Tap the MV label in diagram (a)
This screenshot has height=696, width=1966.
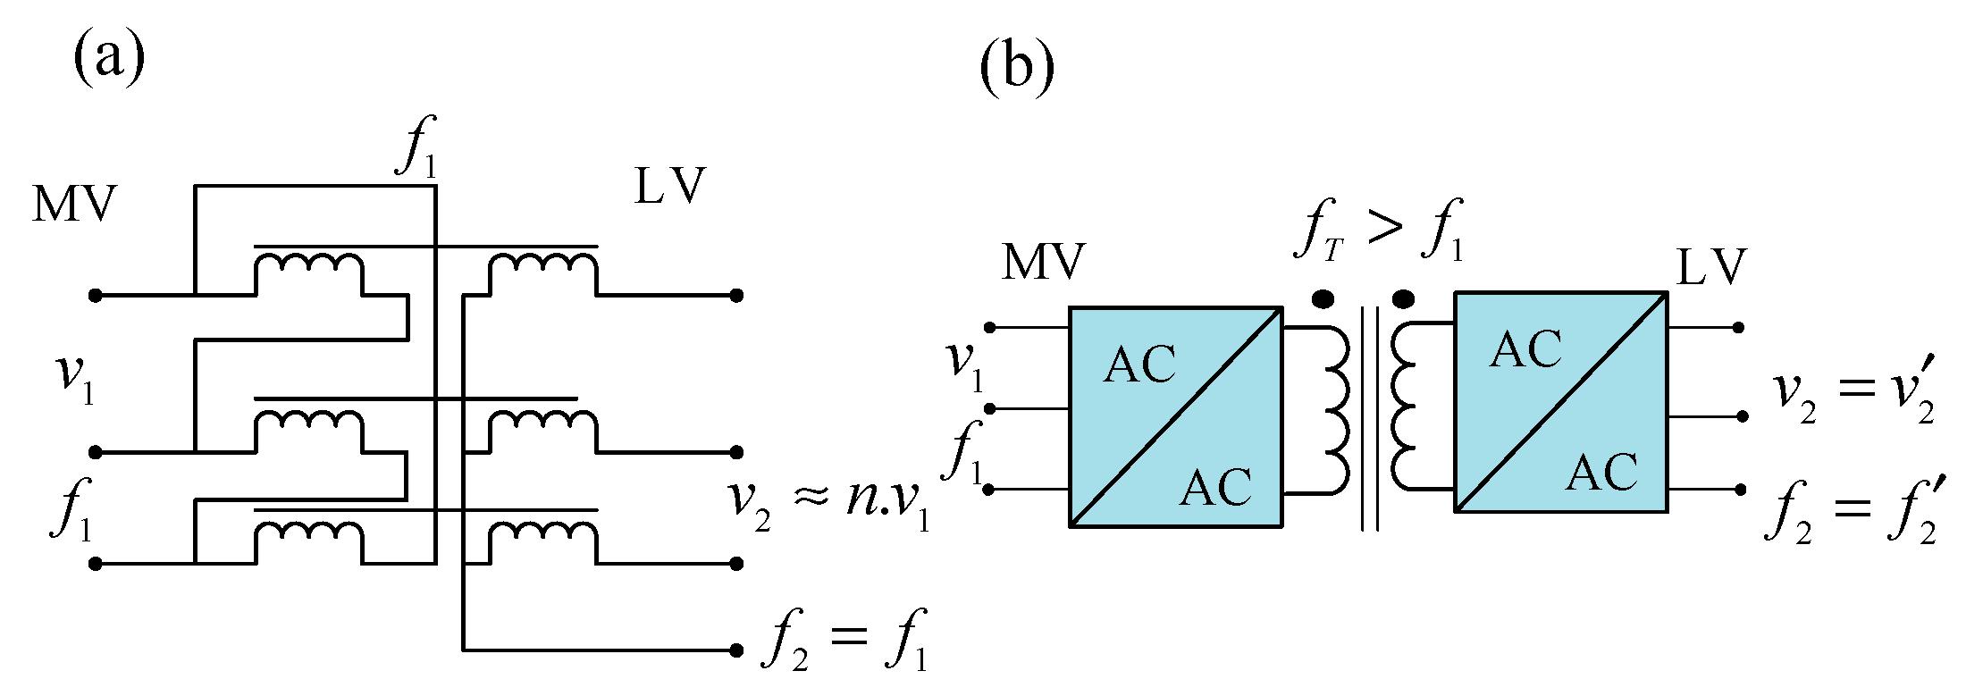(74, 205)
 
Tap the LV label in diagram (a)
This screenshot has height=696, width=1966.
(669, 187)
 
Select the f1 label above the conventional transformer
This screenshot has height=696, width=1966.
(417, 147)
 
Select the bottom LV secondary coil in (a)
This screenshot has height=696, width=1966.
(542, 532)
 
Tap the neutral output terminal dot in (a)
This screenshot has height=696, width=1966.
(736, 650)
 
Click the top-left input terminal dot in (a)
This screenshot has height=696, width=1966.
(96, 295)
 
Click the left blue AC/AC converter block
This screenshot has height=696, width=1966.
(1175, 417)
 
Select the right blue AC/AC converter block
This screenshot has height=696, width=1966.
(1561, 402)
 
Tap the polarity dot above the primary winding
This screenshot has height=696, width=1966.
(1323, 298)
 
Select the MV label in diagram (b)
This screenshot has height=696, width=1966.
(1043, 262)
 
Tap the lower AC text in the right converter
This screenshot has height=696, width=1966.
(1601, 473)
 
